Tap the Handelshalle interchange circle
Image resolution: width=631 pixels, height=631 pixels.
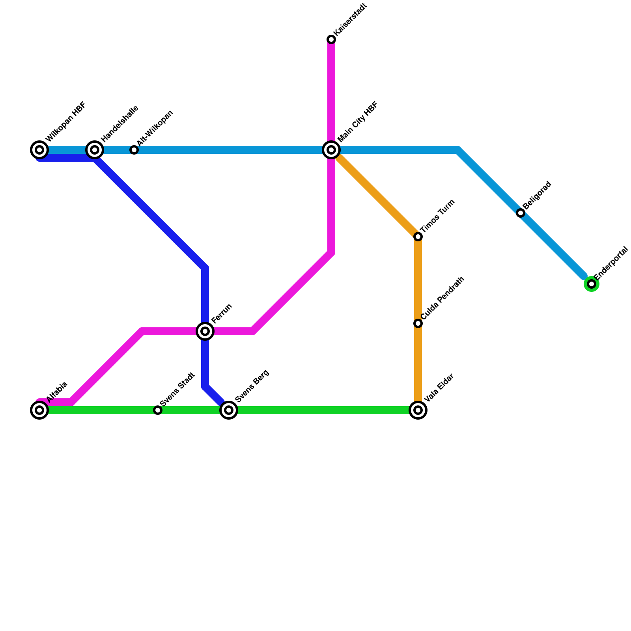(x=95, y=150)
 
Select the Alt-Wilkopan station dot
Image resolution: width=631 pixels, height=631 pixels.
(x=134, y=150)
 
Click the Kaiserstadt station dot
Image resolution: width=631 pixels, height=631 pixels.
(x=331, y=39)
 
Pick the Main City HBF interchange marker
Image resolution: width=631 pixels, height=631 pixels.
(x=331, y=150)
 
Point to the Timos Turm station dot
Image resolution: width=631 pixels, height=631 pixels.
(x=418, y=237)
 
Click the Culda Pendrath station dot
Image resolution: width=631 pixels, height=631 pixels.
(x=418, y=323)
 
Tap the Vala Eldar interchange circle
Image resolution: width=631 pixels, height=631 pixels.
(x=418, y=410)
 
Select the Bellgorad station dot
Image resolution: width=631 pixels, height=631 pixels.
(x=521, y=213)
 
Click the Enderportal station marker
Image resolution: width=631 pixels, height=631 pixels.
(x=592, y=284)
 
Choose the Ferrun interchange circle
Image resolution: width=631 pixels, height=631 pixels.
(x=205, y=331)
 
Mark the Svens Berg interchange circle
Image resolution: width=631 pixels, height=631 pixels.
(x=229, y=410)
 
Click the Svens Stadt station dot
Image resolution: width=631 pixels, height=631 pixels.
(x=158, y=410)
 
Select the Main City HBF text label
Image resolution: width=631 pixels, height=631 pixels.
(x=358, y=122)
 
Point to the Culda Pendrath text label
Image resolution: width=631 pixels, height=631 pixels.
(x=442, y=298)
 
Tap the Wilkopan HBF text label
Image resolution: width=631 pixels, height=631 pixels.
(x=66, y=122)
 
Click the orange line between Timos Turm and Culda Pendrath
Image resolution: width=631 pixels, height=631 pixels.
(x=418, y=280)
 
